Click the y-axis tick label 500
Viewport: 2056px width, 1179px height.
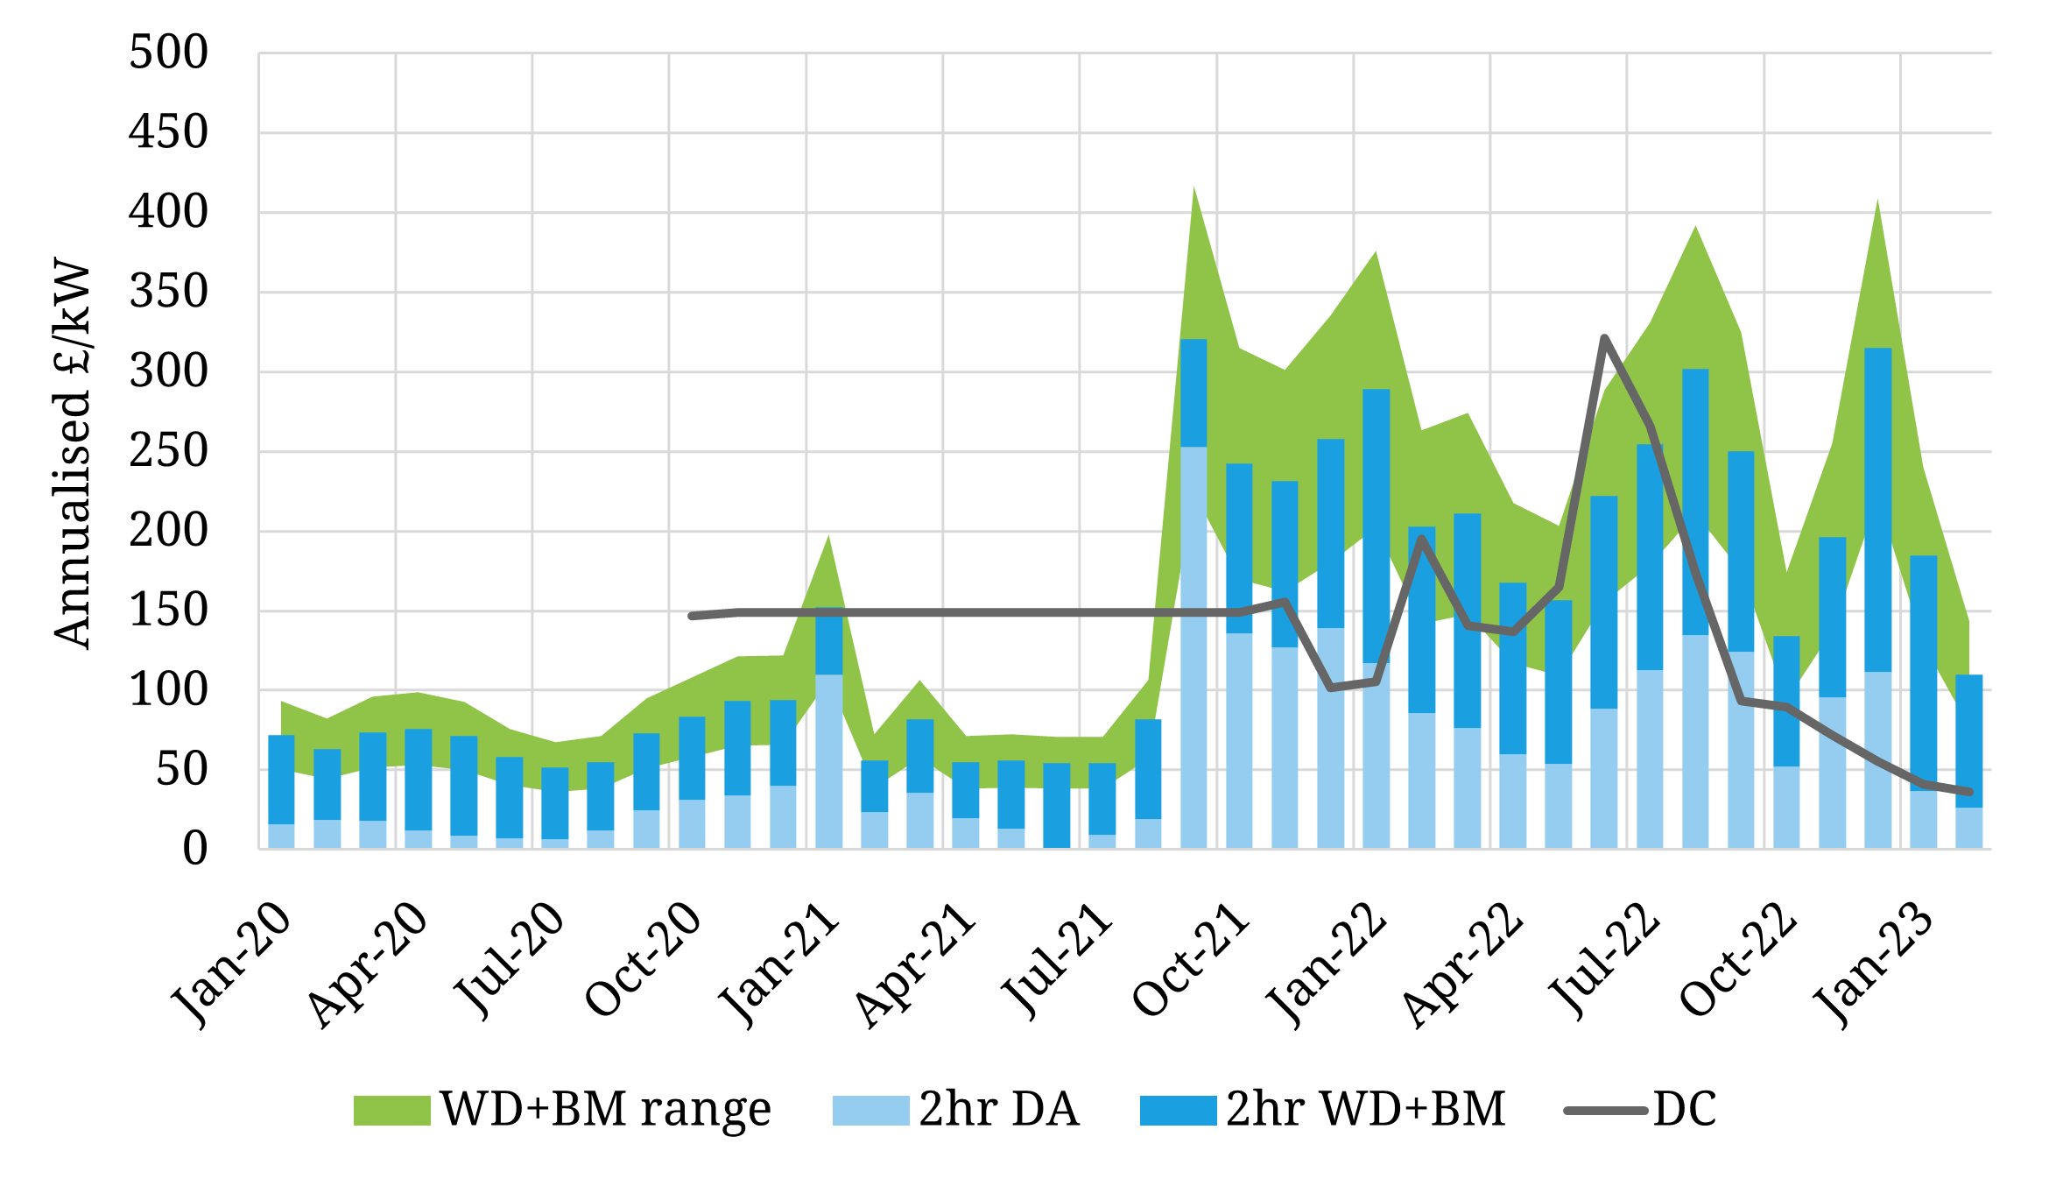click(x=168, y=53)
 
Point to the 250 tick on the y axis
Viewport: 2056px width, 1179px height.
click(x=168, y=452)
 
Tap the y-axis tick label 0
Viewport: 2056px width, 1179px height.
click(x=194, y=849)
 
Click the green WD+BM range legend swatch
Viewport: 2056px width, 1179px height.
click(x=391, y=1111)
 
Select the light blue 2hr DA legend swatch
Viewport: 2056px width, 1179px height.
click(x=870, y=1111)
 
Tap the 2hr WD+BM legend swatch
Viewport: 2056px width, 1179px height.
click(x=1178, y=1111)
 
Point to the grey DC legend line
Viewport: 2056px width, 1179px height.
click(x=1606, y=1111)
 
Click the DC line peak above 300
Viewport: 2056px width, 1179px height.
click(x=1604, y=338)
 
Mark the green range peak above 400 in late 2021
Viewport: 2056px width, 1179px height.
click(x=1194, y=189)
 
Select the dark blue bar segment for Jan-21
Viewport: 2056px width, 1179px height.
click(x=828, y=642)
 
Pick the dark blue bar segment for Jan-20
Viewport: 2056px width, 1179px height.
click(x=281, y=780)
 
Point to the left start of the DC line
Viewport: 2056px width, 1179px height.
click(x=692, y=617)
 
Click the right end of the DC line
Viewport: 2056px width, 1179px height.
click(x=1969, y=792)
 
